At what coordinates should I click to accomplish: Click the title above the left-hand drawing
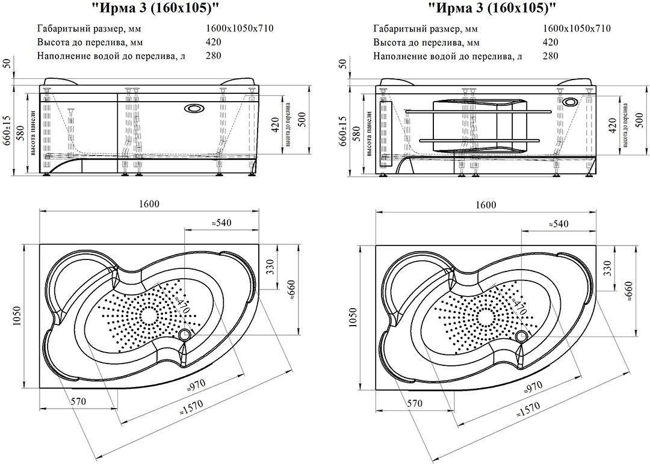pos(155,9)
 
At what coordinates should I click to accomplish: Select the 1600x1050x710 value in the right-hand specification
pos(577,28)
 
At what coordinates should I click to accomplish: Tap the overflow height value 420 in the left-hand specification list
pos(213,42)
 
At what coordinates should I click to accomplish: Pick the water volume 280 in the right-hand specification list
pos(550,56)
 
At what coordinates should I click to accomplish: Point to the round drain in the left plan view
pos(184,335)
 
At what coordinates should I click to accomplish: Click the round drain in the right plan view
pos(521,335)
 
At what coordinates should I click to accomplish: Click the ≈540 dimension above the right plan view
pos(558,223)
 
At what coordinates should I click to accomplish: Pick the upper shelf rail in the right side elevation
pos(478,111)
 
